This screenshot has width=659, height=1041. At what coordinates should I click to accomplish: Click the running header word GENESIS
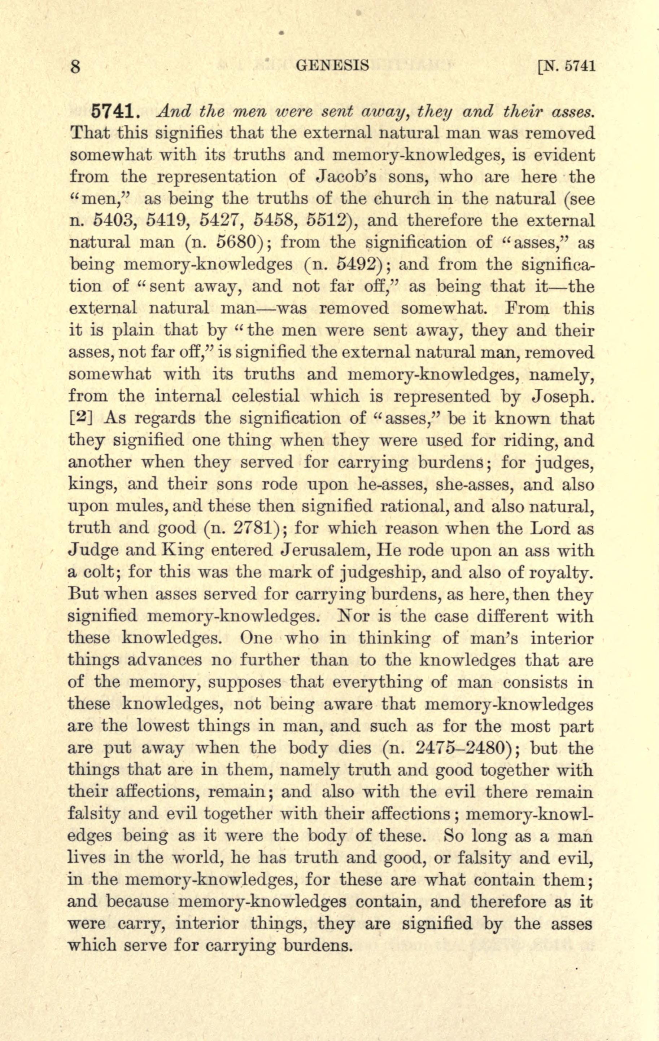coord(332,65)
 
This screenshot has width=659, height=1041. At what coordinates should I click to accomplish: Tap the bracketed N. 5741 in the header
coord(566,66)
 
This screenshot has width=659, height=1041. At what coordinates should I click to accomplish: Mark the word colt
coord(98,572)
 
